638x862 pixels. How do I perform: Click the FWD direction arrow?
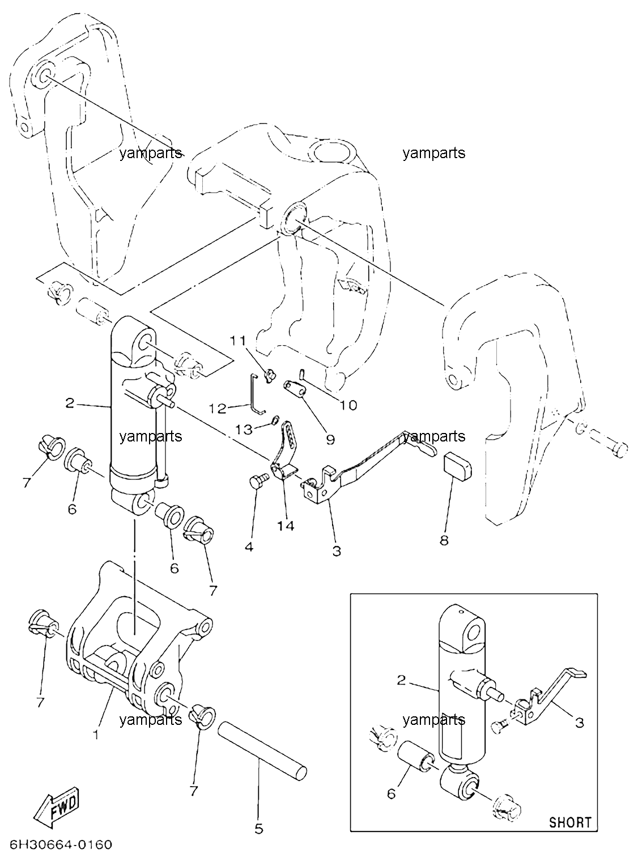(57, 802)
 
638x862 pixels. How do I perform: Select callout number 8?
(444, 540)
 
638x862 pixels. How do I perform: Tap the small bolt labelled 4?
(258, 481)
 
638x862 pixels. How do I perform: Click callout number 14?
(286, 526)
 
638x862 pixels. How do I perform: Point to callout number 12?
(218, 409)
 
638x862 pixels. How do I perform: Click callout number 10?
(348, 405)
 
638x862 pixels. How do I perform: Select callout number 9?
(330, 439)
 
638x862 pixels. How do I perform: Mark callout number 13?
(245, 430)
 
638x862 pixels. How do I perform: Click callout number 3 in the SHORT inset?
(579, 723)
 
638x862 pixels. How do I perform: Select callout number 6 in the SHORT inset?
(392, 793)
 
